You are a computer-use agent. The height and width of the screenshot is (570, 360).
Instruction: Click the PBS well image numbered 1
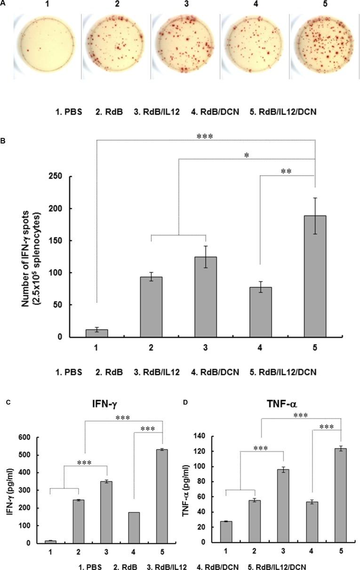46,41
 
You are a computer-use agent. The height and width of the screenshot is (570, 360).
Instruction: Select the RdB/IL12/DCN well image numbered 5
322,41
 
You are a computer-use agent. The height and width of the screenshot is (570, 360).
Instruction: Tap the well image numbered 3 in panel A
184,41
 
